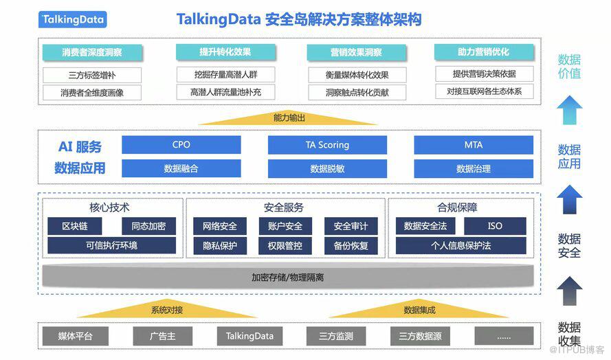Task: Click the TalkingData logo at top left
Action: coord(72,20)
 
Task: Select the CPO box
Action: coord(181,145)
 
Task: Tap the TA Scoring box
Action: coord(327,145)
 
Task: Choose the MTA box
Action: coord(474,145)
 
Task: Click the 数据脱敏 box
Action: coord(327,168)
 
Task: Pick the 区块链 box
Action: coord(74,226)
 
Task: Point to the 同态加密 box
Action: coord(148,226)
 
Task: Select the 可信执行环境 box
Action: coord(111,245)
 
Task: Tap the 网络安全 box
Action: coord(220,226)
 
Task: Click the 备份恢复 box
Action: coord(351,245)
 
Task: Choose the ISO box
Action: coord(495,226)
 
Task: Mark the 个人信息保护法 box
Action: coord(461,245)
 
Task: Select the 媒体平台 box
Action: coord(75,336)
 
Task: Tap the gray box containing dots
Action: coord(504,336)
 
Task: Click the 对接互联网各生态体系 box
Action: coord(484,91)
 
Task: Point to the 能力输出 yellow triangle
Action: coord(289,118)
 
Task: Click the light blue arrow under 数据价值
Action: coord(570,109)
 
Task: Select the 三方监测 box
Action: coord(336,336)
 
